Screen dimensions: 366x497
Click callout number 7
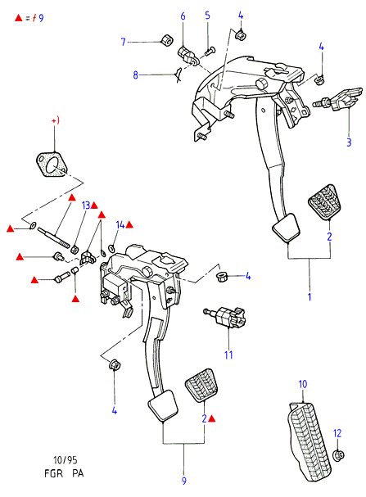(124, 42)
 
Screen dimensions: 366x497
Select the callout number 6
(183, 16)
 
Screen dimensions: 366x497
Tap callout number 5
(207, 15)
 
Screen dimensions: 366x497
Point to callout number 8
(136, 75)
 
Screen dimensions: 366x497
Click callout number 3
(349, 142)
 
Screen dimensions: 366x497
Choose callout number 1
(310, 297)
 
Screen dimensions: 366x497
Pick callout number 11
(228, 355)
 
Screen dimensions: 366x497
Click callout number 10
(303, 384)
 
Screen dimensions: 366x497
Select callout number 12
(337, 433)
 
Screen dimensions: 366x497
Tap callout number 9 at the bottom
(184, 481)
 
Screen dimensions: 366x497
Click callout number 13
(86, 206)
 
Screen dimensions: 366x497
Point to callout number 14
(120, 224)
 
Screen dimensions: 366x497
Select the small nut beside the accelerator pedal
(338, 455)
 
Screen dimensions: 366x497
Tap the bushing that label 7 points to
(166, 39)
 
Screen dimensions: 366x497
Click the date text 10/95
(65, 459)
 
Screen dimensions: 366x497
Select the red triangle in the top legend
(19, 18)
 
